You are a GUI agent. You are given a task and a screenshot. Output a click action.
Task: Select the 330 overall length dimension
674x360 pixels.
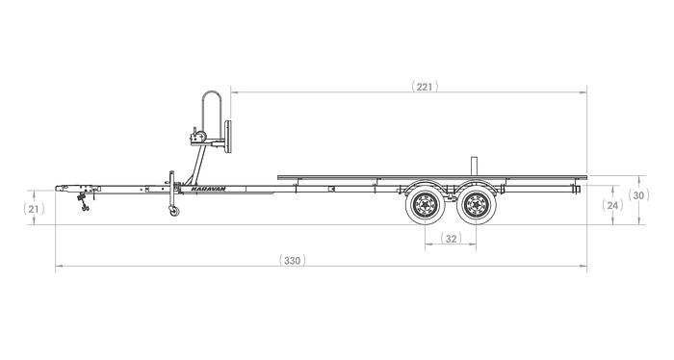[x=295, y=260]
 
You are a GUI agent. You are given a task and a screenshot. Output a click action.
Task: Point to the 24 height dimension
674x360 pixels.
[x=612, y=205]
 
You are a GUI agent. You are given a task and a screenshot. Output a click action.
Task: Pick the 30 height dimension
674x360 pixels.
[x=638, y=194]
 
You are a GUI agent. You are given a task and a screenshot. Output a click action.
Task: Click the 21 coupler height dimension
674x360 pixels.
[x=34, y=209]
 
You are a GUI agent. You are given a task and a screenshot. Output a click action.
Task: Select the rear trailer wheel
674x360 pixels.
[x=475, y=205]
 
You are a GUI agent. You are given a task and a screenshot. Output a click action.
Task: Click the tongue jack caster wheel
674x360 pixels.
[x=174, y=212]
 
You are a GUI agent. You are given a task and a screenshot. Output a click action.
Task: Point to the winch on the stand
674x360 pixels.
[x=200, y=134]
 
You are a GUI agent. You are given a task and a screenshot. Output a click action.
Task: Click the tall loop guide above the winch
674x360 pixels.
[x=213, y=106]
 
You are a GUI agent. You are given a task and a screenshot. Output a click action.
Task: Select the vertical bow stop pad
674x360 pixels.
[x=229, y=136]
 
